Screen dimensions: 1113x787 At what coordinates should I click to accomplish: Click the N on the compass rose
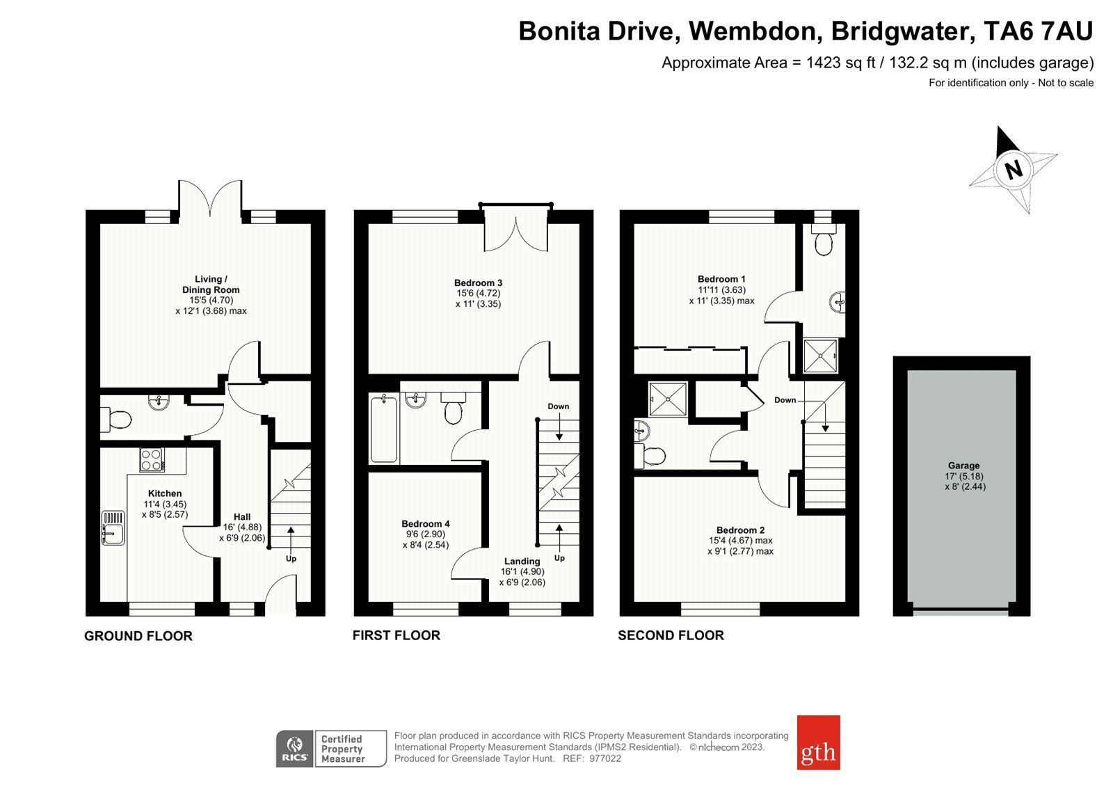1014,170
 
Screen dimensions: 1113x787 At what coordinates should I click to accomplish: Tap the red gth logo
818,742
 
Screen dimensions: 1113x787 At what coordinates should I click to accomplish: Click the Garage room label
964,466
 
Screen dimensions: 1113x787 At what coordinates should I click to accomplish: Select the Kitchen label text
165,493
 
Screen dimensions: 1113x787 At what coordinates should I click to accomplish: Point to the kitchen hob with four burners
152,459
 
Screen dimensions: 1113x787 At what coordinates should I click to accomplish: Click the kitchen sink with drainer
113,528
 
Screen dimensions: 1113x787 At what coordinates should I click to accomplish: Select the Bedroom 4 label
425,523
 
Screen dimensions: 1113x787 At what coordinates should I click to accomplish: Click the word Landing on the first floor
522,562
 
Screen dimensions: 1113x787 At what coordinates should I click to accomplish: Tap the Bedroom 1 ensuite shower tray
820,356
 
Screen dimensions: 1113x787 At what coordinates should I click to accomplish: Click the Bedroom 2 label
740,530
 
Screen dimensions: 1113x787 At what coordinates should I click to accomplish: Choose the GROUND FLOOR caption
138,636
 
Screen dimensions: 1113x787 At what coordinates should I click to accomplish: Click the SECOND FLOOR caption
671,635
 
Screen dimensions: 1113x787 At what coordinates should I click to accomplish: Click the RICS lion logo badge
295,748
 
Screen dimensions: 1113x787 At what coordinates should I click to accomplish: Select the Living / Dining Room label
211,285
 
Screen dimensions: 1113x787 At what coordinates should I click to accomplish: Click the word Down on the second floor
785,399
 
